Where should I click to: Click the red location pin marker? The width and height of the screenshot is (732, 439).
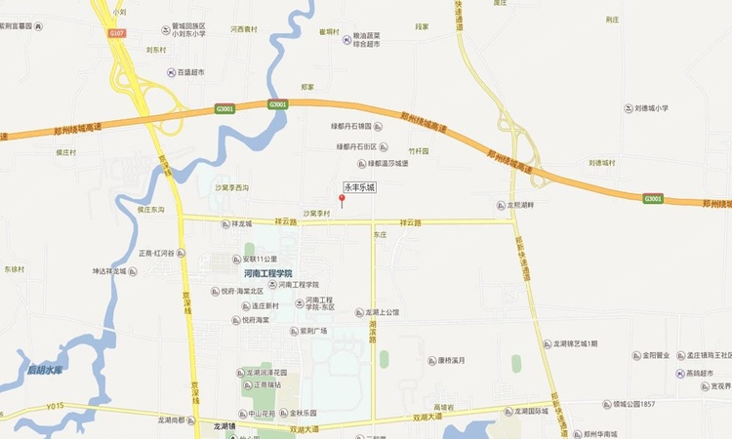342,200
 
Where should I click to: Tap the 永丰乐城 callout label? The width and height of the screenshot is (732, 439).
358,186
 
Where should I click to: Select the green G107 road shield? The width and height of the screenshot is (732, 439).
117,33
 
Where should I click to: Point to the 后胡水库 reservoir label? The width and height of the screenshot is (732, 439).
45,371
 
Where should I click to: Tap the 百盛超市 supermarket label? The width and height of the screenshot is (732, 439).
189,72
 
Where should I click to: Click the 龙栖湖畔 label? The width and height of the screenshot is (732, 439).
518,205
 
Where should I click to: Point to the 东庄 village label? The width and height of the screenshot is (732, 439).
381,235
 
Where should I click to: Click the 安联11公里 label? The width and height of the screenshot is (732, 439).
260,259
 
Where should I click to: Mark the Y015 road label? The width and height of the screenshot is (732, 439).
55,406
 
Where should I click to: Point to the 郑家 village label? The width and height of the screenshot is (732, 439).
307,87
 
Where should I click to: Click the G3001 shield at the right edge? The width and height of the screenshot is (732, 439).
653,199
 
